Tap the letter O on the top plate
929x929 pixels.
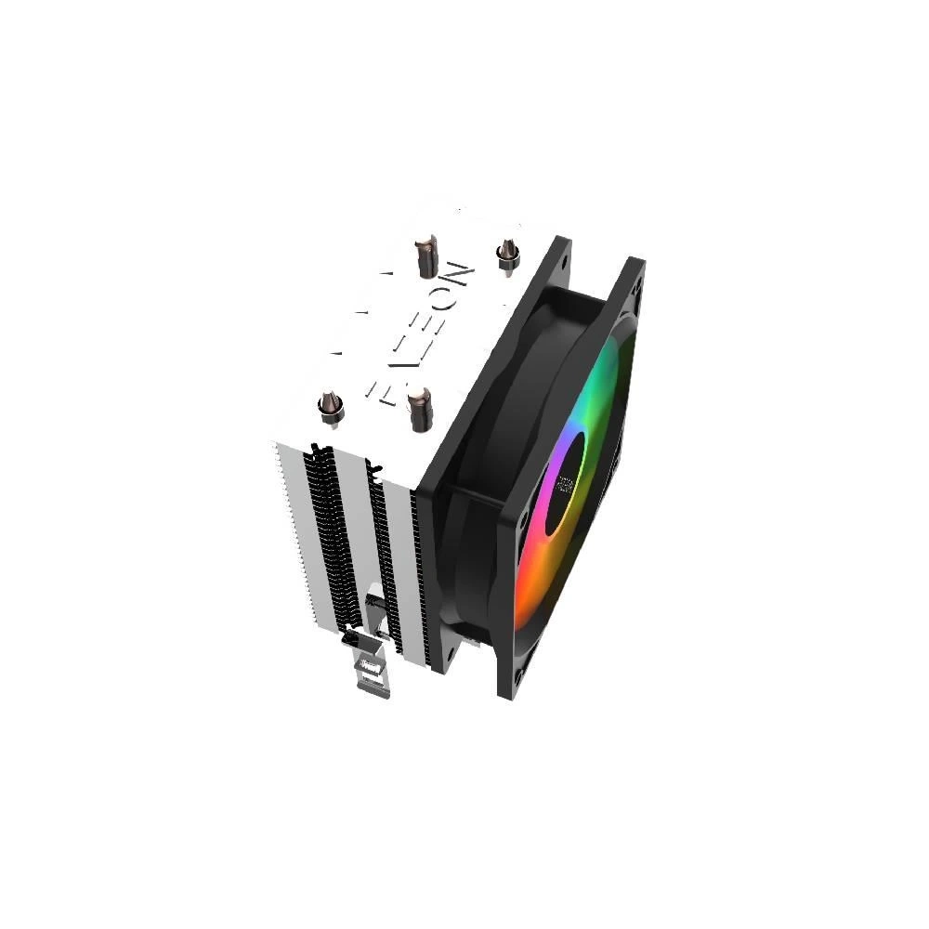[449, 307]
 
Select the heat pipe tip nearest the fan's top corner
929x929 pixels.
[506, 255]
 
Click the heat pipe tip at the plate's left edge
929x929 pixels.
[329, 407]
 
